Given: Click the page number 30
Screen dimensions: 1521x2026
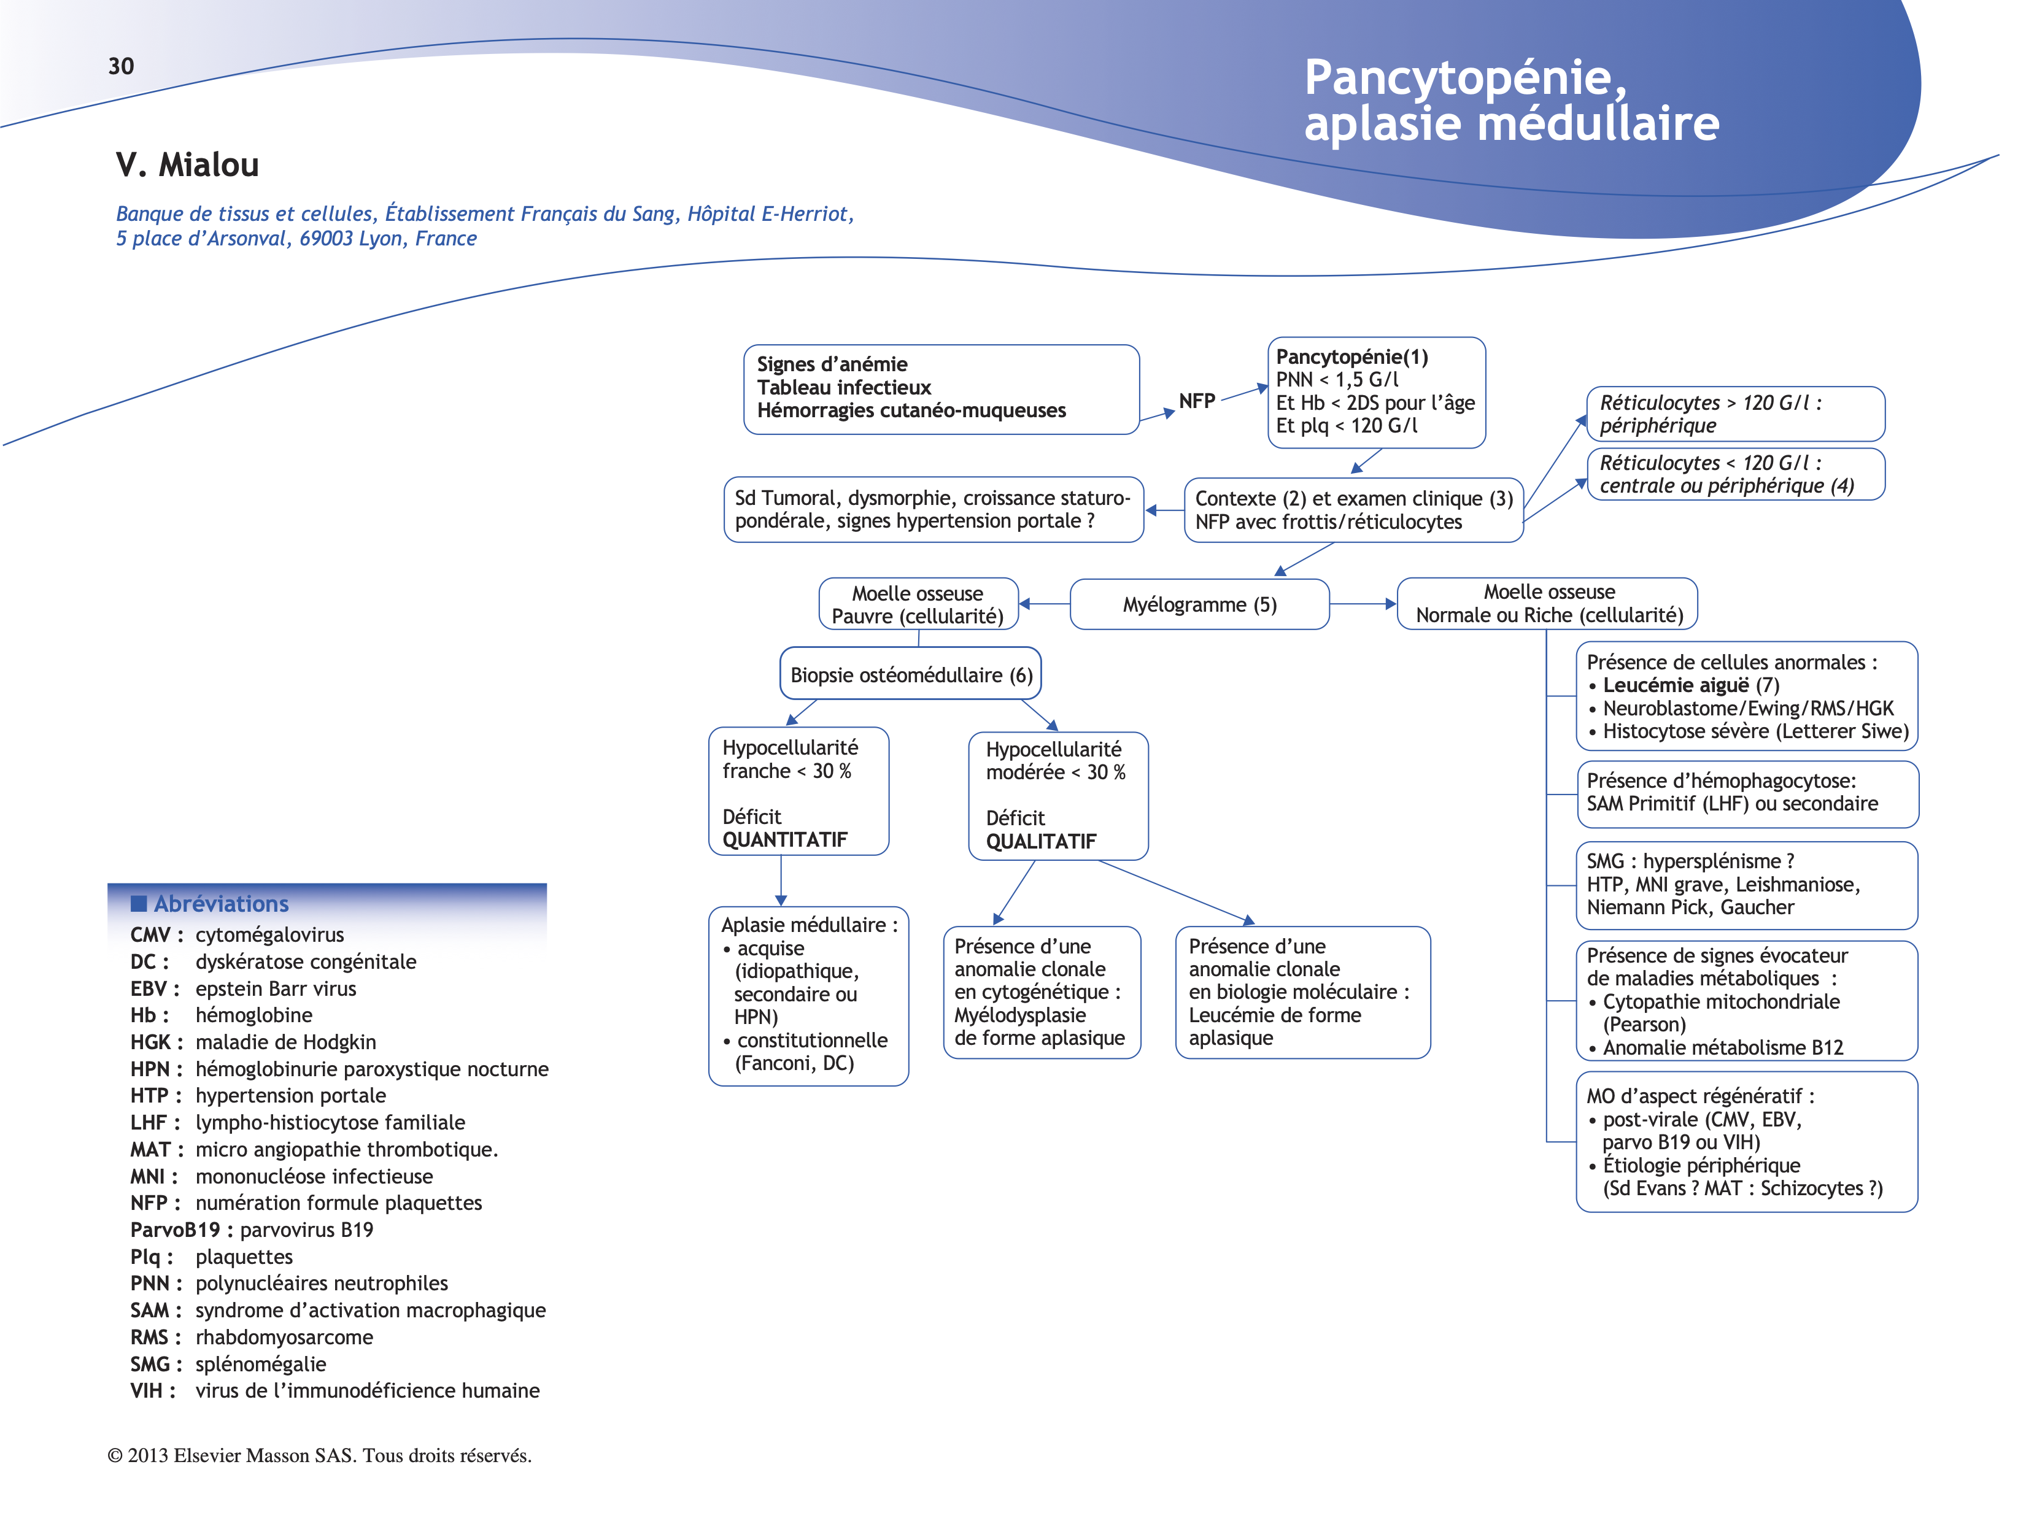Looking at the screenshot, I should (x=121, y=66).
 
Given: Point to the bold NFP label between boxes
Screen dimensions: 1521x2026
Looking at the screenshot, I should (x=1196, y=401).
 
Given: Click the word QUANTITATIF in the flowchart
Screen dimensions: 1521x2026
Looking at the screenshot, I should (x=785, y=840).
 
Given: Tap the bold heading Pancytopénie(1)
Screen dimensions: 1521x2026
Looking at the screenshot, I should (x=1352, y=357).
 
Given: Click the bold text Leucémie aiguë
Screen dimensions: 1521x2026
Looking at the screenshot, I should (x=1675, y=685).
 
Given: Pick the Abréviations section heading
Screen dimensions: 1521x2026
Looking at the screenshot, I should (x=221, y=904).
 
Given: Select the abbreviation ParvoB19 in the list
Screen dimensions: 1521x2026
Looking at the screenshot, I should (x=175, y=1230).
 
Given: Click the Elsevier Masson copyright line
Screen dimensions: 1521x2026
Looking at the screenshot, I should (x=320, y=1455).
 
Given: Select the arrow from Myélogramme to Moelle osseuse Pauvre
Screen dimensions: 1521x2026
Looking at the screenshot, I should (x=1044, y=604).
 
